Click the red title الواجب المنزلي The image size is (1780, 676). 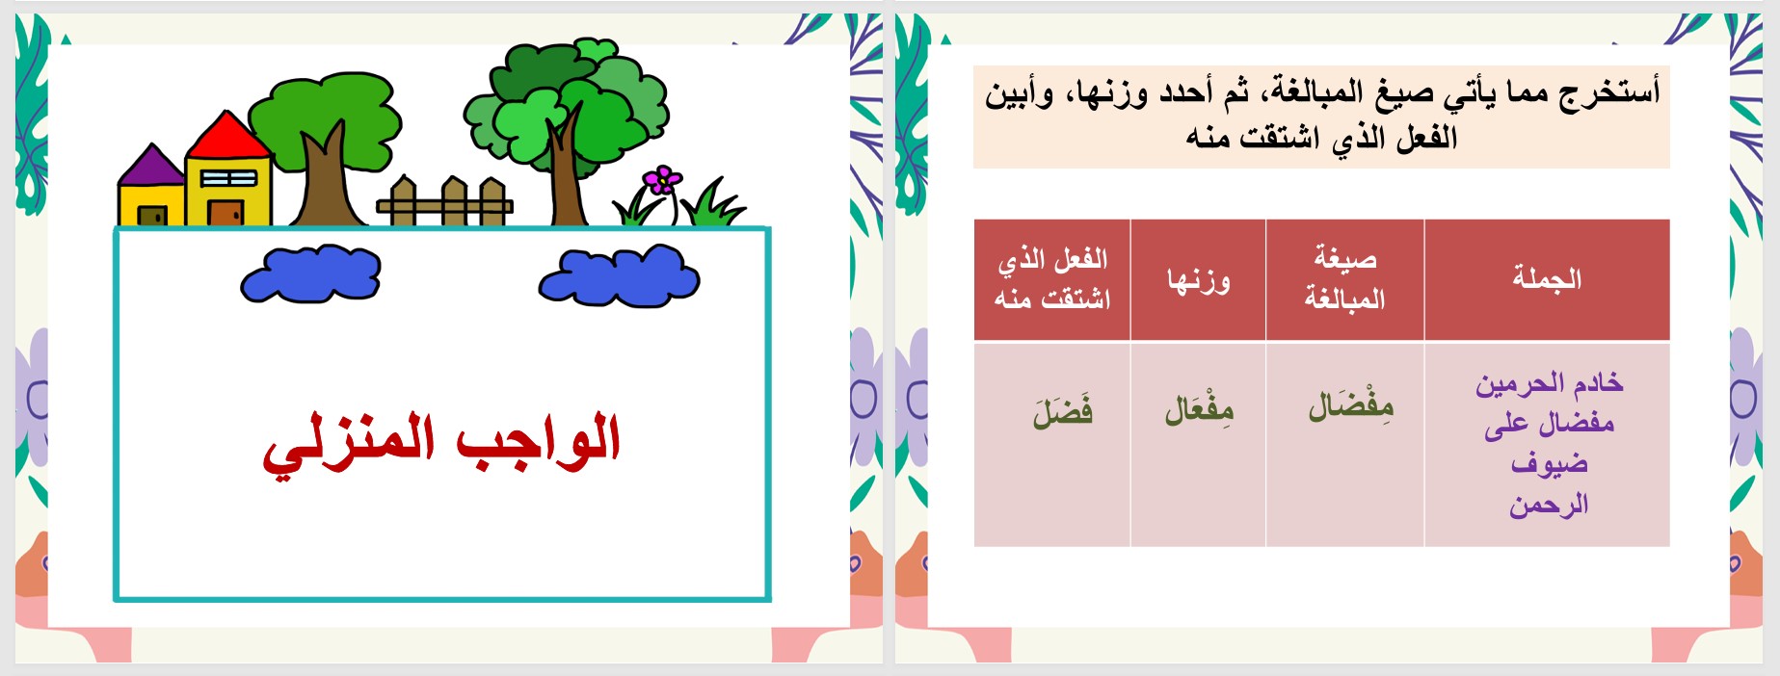[441, 443]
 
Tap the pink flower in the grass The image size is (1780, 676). [663, 180]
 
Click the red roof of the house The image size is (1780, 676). [228, 138]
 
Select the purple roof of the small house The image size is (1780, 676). [151, 167]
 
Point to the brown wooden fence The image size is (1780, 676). [444, 203]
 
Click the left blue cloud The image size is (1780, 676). [311, 273]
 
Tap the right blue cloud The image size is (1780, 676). [619, 276]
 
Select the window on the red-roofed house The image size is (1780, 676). [228, 179]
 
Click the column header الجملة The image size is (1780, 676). [1547, 279]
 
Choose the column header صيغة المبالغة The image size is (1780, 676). [1344, 279]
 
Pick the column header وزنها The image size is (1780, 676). [1198, 280]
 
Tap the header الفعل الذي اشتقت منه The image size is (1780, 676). [1052, 279]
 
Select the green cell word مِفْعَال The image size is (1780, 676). [1199, 410]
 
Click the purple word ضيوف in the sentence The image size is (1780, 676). [1549, 463]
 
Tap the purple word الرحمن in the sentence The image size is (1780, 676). [1549, 505]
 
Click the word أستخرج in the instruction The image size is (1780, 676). [1608, 92]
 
